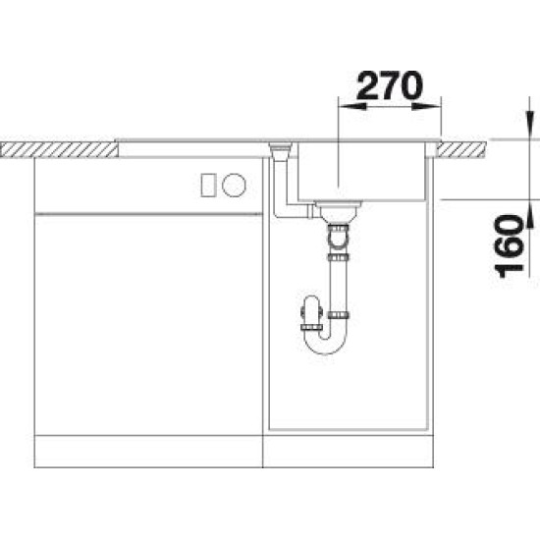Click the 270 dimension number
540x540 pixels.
click(389, 84)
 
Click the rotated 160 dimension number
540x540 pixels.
click(509, 245)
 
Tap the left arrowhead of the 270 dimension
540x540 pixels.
click(352, 106)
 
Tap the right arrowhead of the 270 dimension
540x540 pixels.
click(426, 106)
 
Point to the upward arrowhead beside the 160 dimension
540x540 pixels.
click(529, 213)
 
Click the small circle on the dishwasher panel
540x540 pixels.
click(234, 185)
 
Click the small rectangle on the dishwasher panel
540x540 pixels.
click(208, 186)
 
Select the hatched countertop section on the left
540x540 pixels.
click(59, 150)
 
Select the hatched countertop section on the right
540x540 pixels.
click(460, 150)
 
